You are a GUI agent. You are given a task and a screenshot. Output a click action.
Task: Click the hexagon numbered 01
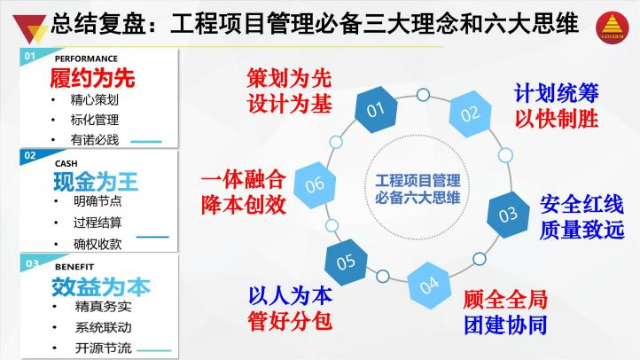(376, 109)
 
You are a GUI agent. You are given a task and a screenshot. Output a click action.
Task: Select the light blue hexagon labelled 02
(470, 113)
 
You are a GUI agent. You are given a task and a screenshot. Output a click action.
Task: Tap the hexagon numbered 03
(508, 215)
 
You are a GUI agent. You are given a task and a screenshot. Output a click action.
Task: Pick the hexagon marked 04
(429, 286)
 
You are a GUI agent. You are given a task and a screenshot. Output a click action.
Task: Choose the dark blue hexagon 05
(346, 262)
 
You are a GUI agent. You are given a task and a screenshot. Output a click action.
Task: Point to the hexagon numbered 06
(315, 185)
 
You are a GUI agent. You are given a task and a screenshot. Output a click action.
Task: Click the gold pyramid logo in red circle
(612, 27)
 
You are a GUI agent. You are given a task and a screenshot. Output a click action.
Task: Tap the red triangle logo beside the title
(29, 28)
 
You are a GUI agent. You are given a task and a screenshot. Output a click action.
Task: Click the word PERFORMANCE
(86, 59)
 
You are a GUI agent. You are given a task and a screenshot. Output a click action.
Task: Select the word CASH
(66, 164)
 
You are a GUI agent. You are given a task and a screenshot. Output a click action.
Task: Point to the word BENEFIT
(74, 267)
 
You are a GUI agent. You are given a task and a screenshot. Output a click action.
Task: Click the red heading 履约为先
(92, 78)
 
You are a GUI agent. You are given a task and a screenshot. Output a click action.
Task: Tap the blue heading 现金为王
(96, 182)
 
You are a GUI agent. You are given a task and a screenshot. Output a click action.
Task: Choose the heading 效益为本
(101, 286)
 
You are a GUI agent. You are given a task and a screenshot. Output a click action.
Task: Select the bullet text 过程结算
(98, 223)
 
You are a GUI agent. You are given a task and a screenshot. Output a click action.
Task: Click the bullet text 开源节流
(103, 348)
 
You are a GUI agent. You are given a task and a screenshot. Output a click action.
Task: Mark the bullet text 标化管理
(95, 120)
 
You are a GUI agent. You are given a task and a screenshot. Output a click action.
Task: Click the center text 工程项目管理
(418, 180)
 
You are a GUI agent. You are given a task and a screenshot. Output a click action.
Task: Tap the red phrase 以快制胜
(557, 119)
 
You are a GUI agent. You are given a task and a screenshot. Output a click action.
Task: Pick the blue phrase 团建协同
(505, 325)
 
